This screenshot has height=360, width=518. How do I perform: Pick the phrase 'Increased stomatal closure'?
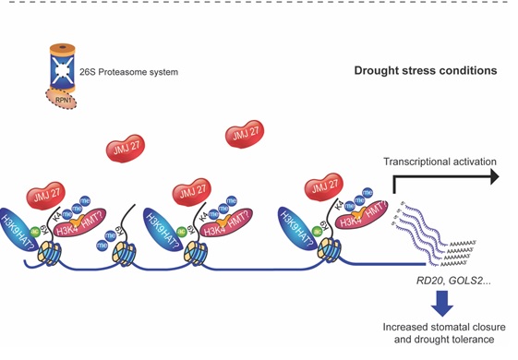pos(440,328)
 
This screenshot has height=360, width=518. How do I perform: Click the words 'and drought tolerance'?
pos(440,342)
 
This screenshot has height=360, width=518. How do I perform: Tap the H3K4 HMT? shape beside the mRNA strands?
pos(360,222)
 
